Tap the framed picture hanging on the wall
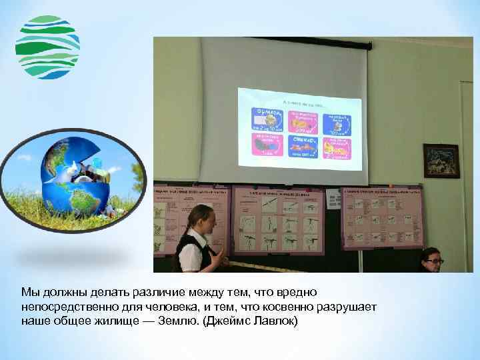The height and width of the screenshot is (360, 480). coord(441,161)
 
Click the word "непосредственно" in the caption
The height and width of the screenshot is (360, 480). coord(62,307)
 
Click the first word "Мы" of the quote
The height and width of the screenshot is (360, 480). coord(28,292)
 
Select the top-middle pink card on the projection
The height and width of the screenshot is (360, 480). coord(303,121)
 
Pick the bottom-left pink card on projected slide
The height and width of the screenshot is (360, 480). coord(267,145)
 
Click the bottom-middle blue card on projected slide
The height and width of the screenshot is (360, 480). coord(303,145)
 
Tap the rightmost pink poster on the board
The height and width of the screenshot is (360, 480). coord(381,217)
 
